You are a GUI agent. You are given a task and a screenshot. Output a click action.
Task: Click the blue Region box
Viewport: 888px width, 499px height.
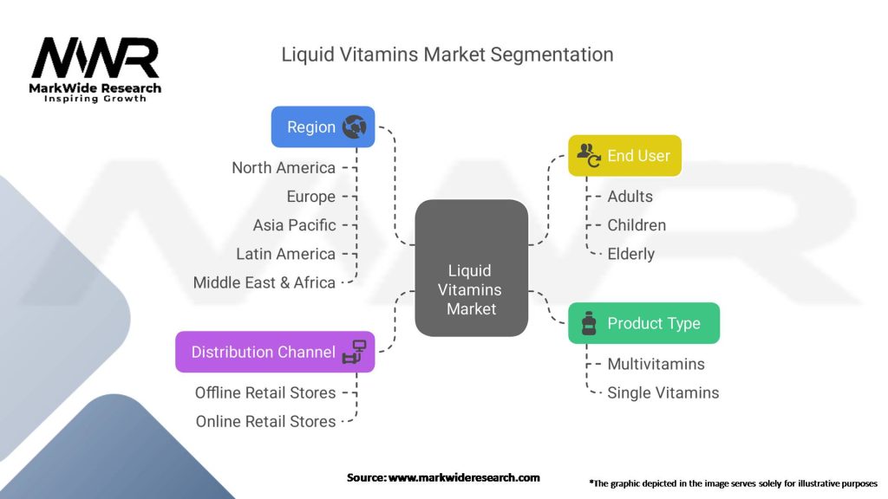coord(323,127)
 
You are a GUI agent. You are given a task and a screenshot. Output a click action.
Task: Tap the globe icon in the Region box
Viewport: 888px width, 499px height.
coord(354,127)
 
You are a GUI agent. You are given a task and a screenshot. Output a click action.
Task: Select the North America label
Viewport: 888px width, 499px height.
coord(284,167)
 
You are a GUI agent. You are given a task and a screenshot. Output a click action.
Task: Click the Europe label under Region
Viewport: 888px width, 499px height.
coord(310,196)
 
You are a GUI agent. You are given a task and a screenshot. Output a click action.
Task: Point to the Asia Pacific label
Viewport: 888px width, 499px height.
coord(294,225)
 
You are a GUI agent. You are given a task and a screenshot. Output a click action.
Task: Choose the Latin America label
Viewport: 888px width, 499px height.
coord(285,254)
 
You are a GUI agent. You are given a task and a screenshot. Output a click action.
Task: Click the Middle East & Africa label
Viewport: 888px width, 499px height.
coord(264,282)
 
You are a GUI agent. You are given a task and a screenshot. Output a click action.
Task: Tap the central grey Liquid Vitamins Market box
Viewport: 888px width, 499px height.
coord(471,269)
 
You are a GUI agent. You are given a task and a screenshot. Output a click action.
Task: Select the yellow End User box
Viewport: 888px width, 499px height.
coord(624,156)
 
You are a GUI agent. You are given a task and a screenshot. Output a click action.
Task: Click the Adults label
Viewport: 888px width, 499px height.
coord(630,197)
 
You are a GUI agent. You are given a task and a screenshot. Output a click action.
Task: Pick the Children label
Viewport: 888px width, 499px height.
coord(637,225)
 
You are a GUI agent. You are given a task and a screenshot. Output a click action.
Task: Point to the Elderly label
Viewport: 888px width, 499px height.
coord(630,254)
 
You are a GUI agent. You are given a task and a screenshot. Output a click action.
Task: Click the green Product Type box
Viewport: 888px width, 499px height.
coord(643,323)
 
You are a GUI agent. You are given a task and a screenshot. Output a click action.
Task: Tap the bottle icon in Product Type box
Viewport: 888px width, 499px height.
coord(589,324)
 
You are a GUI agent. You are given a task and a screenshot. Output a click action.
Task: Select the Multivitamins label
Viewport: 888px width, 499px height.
coord(656,364)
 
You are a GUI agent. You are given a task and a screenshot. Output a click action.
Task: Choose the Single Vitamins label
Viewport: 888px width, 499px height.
coord(663,392)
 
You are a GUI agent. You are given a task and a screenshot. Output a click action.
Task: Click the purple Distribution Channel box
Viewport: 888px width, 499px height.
coord(275,352)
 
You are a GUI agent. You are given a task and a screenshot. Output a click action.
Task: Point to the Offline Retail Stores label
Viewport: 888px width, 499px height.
coord(265,392)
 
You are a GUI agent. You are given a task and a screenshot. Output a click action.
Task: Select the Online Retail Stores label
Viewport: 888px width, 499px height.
coord(265,421)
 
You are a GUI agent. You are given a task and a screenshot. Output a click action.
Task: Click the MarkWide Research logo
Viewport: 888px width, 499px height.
coord(95,69)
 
